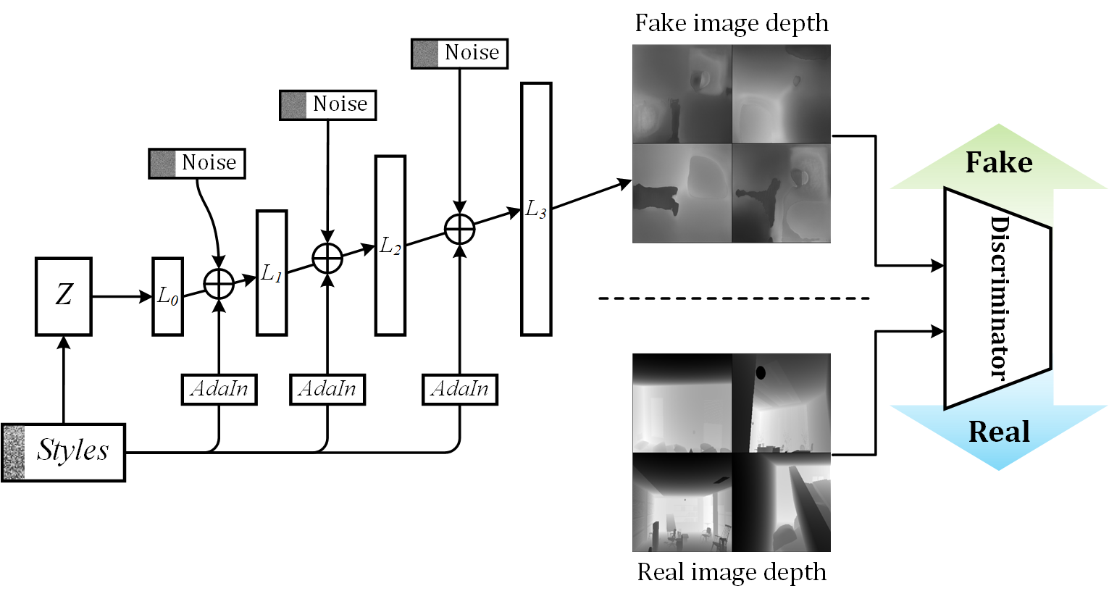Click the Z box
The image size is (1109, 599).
[x=64, y=296]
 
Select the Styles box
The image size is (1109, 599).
[x=64, y=453]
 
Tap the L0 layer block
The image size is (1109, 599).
[x=167, y=296]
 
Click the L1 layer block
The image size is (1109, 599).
[x=272, y=273]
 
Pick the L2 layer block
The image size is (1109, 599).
[x=390, y=246]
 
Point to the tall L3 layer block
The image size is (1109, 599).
[x=536, y=209]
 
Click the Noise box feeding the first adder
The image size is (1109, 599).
[x=197, y=163]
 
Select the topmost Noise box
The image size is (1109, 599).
[x=459, y=54]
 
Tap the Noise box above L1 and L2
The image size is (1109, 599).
[x=328, y=105]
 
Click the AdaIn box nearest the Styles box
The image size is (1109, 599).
[x=219, y=389]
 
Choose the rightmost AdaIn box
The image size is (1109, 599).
[x=460, y=389]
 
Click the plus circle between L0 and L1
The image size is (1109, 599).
[x=219, y=283]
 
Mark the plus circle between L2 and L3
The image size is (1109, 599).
[x=459, y=230]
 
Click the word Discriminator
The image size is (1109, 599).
[x=999, y=297]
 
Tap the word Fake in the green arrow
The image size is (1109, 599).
[x=999, y=162]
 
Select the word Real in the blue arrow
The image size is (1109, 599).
[x=999, y=432]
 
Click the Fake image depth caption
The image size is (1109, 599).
[x=732, y=23]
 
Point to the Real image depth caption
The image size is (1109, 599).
[x=732, y=572]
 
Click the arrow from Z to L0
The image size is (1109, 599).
[x=122, y=296]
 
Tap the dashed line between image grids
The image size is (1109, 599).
[x=733, y=298]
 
